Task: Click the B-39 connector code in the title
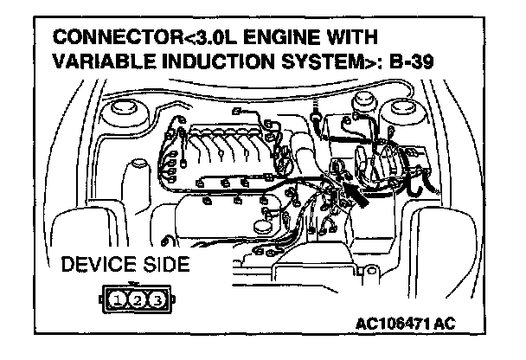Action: tap(418, 62)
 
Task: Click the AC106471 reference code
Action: tap(405, 324)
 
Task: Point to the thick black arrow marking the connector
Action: tap(353, 191)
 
